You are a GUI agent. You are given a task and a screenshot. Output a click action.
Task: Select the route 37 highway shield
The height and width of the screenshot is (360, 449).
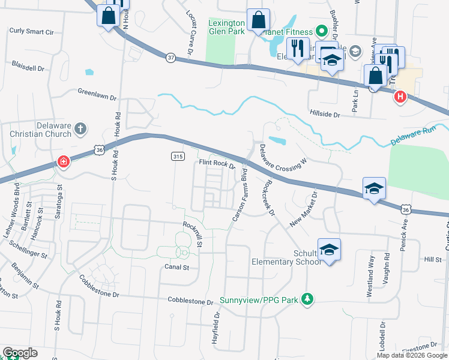tap(171, 58)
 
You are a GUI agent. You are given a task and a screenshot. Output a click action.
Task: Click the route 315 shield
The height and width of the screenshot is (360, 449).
tap(177, 156)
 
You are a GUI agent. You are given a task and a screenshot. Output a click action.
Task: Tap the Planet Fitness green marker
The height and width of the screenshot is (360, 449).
tap(321, 31)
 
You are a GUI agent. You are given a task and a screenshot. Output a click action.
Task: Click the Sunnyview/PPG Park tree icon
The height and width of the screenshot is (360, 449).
tap(307, 298)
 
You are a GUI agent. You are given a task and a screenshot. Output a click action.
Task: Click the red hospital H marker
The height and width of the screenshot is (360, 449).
tap(400, 96)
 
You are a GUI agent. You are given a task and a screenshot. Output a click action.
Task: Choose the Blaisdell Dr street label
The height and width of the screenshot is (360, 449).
tap(29, 65)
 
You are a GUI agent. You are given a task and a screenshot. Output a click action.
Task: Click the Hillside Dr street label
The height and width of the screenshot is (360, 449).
tap(325, 113)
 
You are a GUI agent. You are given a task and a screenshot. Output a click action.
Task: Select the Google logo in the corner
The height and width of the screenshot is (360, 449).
tap(20, 353)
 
